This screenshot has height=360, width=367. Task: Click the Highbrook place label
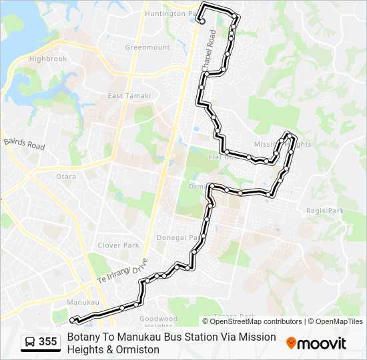48,59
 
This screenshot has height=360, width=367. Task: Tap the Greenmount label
147,47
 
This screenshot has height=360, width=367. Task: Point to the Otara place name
66,177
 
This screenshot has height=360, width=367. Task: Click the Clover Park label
118,245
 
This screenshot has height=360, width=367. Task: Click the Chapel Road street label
209,49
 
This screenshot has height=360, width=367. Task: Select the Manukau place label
83,302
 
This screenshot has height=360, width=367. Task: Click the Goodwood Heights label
158,323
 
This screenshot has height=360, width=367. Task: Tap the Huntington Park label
172,13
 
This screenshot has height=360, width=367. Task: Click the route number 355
47,342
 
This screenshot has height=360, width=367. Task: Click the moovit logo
316,343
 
